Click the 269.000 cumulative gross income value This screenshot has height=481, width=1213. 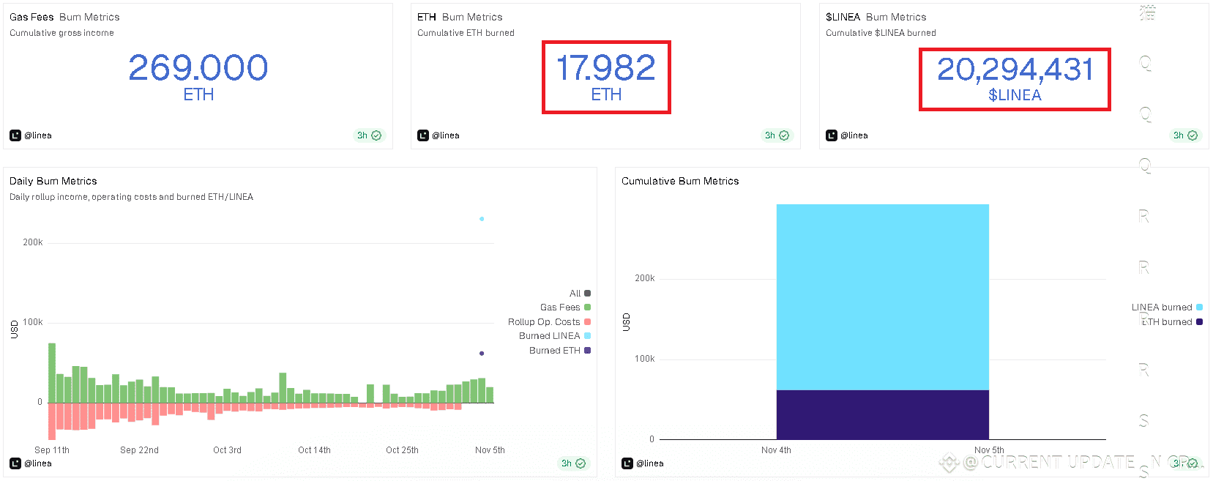coord(198,68)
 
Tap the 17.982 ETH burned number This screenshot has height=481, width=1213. coord(605,68)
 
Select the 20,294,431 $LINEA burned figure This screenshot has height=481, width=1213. coord(1015,70)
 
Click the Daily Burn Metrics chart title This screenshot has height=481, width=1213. coord(53,181)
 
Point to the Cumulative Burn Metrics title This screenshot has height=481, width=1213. coord(680,181)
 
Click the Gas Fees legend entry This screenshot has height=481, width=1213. coord(561,307)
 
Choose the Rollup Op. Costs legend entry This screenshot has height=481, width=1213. coord(545,322)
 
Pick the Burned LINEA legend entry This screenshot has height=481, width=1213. coord(550,336)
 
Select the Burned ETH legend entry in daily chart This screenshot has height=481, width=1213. coord(555,351)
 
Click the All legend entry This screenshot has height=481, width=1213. coord(575,294)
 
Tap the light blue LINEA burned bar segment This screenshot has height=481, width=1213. coord(882,297)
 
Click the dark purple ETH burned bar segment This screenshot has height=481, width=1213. coord(882,414)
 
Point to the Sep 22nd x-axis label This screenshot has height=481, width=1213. coord(139,450)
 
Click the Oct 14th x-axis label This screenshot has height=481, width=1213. coord(314,450)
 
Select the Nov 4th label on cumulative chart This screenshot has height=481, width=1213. coord(776,450)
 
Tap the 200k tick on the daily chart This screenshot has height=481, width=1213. coord(33,242)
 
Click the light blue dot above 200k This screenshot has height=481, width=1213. coord(482,219)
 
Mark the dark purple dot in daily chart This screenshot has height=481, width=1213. coord(482,354)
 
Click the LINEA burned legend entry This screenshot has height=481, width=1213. coord(1162,307)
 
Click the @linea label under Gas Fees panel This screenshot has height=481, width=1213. coord(38,135)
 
